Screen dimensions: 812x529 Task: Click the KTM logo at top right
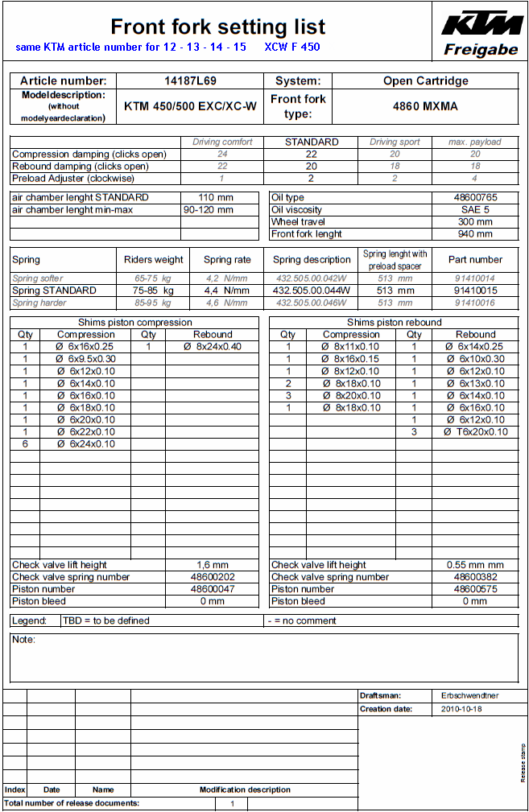pyautogui.click(x=481, y=23)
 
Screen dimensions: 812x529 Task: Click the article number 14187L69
pyautogui.click(x=190, y=80)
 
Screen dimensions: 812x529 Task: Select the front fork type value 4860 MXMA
pyautogui.click(x=425, y=106)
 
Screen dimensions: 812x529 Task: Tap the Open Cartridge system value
pyautogui.click(x=425, y=80)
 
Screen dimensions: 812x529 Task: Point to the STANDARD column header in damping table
pyautogui.click(x=312, y=142)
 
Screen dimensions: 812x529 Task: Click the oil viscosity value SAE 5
pyautogui.click(x=474, y=209)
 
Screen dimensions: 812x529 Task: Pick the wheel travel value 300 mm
pyautogui.click(x=474, y=221)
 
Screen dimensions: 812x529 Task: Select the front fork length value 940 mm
pyautogui.click(x=474, y=233)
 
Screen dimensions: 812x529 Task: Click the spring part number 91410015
pyautogui.click(x=475, y=290)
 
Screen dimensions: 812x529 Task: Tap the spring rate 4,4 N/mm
pyautogui.click(x=226, y=290)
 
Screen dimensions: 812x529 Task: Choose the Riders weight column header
pyautogui.click(x=153, y=260)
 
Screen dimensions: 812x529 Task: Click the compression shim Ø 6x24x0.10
pyautogui.click(x=85, y=443)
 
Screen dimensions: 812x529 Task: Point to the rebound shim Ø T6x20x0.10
pyautogui.click(x=476, y=431)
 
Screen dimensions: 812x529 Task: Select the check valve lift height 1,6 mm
pyautogui.click(x=213, y=565)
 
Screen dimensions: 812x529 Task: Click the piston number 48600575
pyautogui.click(x=475, y=589)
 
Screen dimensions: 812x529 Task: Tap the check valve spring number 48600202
pyautogui.click(x=213, y=577)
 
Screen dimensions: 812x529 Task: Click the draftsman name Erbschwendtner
pyautogui.click(x=471, y=695)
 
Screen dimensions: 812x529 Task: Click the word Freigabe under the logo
pyautogui.click(x=481, y=50)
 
